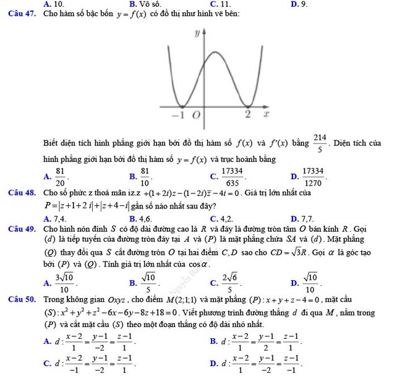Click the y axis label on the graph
(197, 31)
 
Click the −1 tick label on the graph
(160, 115)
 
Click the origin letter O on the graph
(178, 116)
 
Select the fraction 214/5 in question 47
(320, 143)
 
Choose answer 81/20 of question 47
(60, 176)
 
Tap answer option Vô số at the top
(149, 4)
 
